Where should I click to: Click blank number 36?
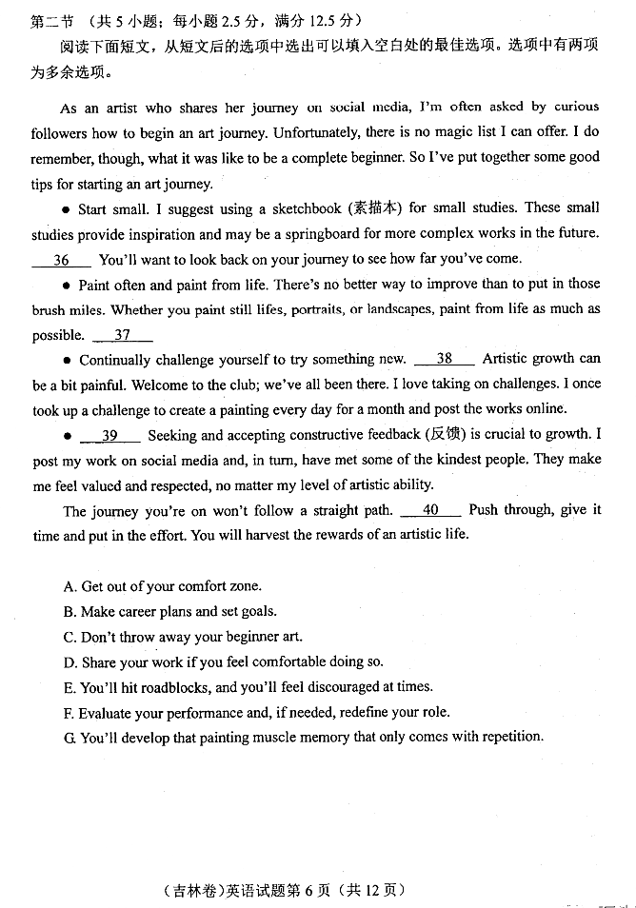[x=62, y=259]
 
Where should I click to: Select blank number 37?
[x=123, y=335]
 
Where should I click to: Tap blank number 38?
[x=445, y=359]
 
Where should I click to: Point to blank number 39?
[x=109, y=435]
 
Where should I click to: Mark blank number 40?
[x=430, y=510]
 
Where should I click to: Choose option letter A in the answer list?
[x=70, y=586]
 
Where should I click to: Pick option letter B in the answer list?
[x=70, y=612]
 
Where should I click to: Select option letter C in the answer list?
[x=70, y=637]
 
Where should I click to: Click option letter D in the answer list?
[x=70, y=662]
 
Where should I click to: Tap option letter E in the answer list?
[x=70, y=687]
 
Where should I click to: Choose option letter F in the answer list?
[x=69, y=712]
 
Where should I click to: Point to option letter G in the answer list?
[x=70, y=737]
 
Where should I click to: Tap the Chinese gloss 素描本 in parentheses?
[x=375, y=207]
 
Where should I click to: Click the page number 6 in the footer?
[x=294, y=890]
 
